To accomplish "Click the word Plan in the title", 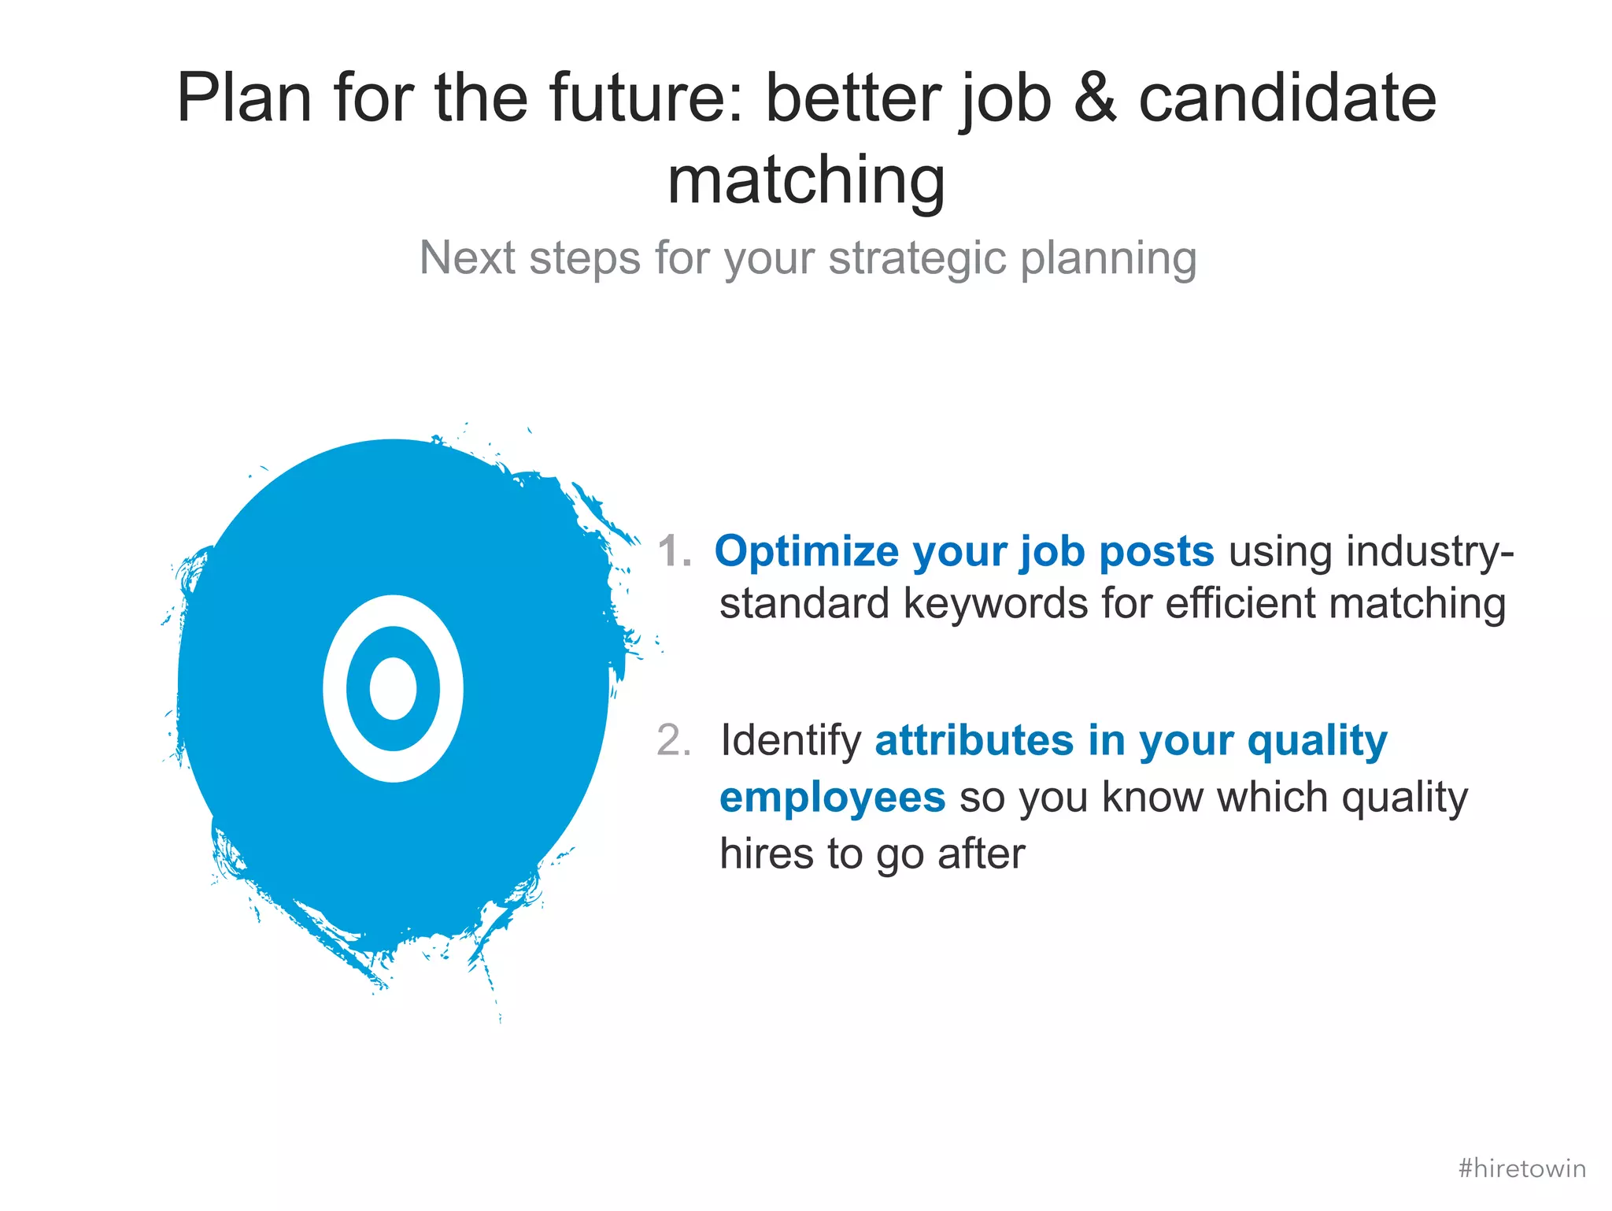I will point(244,99).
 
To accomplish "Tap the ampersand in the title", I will point(1095,99).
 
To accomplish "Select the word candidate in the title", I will point(1288,99).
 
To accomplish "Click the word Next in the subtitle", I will point(464,258).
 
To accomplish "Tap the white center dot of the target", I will point(393,689).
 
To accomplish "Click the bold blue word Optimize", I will point(806,551).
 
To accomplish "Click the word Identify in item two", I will point(790,741).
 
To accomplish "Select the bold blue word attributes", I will point(974,741).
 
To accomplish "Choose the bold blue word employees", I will point(832,798).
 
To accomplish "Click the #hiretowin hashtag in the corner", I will point(1521,1168).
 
